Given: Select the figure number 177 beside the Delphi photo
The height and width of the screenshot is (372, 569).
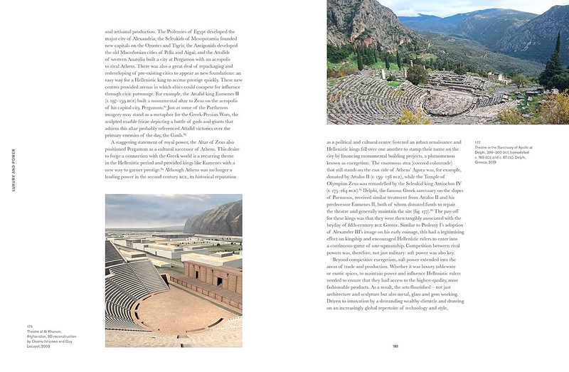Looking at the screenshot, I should click(478, 142).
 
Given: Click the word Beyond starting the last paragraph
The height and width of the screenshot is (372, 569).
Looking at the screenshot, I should click(344, 260).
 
